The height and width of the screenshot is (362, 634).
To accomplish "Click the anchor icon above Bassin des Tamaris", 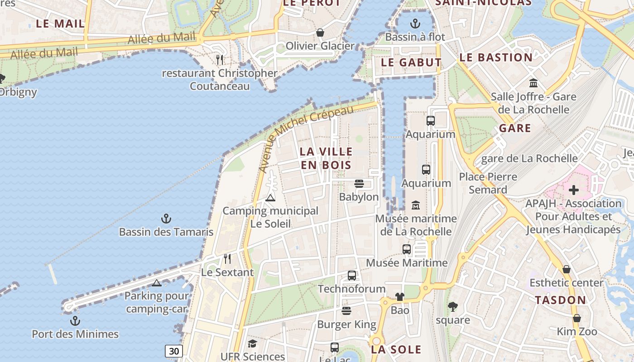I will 166,219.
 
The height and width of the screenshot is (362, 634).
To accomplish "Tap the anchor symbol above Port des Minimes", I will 75,321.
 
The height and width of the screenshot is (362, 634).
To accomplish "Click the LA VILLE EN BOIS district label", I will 326,158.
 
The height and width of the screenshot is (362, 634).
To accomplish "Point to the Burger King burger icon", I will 346,311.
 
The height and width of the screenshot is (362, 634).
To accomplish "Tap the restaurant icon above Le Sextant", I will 227,259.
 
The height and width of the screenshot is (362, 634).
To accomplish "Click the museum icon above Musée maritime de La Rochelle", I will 415,205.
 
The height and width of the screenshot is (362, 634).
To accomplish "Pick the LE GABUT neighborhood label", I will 411,62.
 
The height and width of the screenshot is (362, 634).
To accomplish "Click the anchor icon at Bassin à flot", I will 415,24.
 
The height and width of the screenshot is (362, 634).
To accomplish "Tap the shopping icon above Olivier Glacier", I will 320,33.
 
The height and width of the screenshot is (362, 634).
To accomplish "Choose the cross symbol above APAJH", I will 573,190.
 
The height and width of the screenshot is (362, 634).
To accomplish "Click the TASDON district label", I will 560,300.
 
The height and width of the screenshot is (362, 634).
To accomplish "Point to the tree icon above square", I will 452,307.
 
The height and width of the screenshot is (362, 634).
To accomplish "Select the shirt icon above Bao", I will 399,297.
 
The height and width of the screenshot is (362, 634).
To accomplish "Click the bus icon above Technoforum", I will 351,275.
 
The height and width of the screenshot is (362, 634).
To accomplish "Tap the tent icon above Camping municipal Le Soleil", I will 270,197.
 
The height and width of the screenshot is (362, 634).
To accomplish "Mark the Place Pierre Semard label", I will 488,183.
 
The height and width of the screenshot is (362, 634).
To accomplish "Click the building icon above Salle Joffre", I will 533,83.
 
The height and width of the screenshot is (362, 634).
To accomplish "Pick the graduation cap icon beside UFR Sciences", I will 252,344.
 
